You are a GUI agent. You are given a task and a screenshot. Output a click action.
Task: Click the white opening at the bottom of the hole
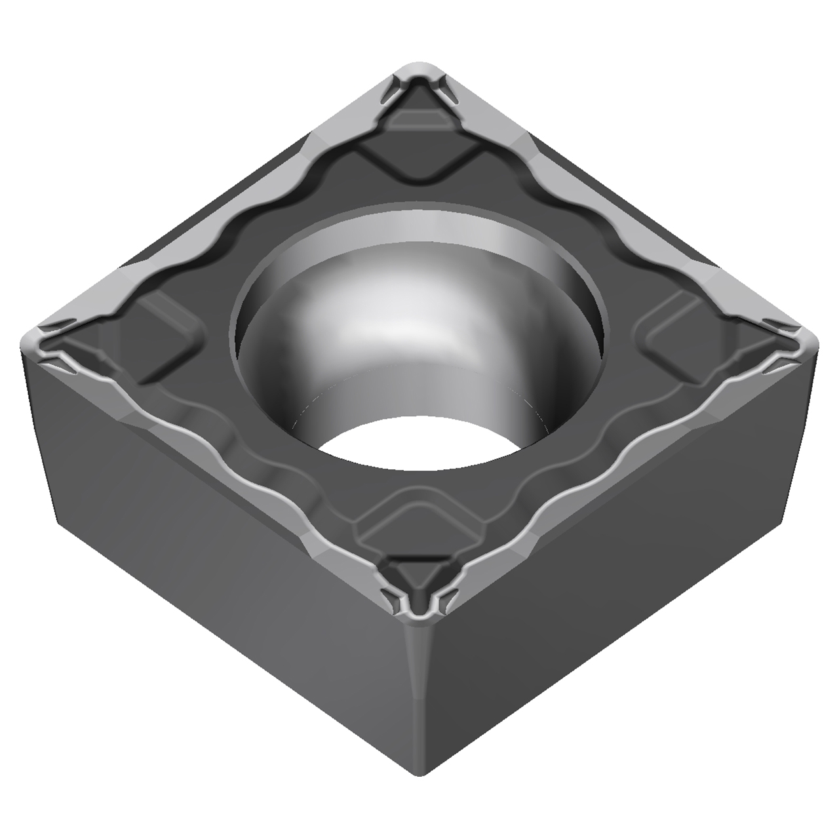coord(419,446)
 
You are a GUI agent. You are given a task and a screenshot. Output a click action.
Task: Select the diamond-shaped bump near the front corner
coord(419,524)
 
